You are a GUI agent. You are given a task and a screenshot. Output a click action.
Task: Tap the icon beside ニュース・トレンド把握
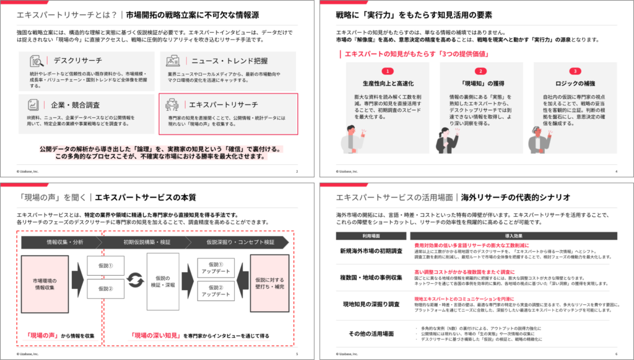point(172,61)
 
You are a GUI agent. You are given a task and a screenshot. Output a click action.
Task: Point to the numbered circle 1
point(386,71)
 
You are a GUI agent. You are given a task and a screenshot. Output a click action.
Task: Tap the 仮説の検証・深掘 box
point(163,283)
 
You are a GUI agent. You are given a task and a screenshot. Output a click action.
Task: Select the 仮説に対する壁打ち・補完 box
point(269,283)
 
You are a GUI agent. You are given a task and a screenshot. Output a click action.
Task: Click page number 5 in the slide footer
point(297,354)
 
